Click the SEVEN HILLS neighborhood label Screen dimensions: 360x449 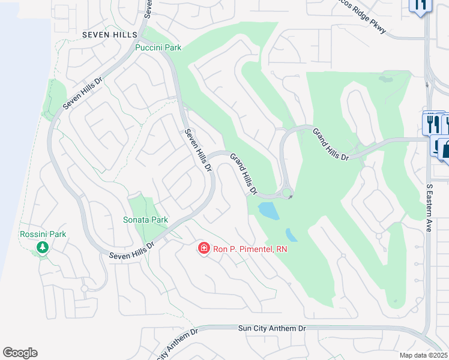112,34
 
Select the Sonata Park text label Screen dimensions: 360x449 145,220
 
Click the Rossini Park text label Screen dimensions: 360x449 43,234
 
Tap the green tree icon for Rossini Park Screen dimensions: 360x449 43,247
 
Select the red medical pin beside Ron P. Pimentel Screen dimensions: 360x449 203,248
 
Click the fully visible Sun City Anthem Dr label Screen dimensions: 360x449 272,328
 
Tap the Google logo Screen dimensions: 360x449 20,353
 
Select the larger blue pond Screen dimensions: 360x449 268,210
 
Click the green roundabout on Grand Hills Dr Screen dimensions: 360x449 288,193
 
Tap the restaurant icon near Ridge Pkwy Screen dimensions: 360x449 420,5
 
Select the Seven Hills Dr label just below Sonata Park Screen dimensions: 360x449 132,250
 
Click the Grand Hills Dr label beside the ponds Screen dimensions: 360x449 244,175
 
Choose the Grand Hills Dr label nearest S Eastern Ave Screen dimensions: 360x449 331,144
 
